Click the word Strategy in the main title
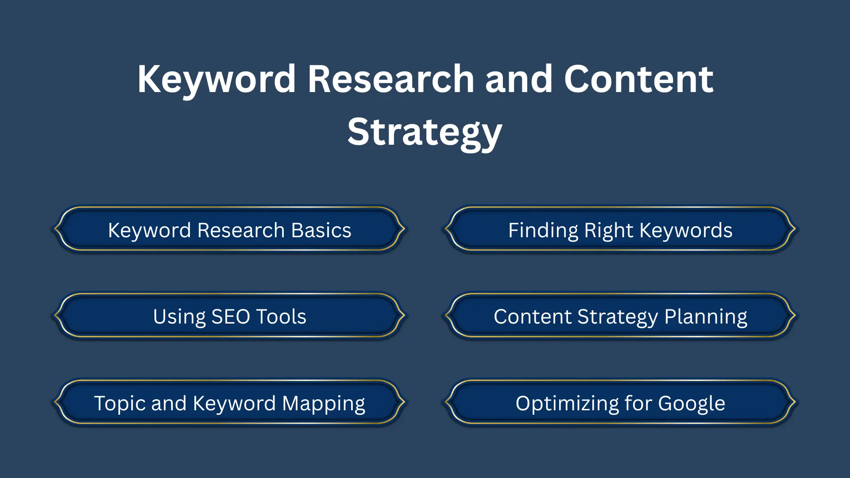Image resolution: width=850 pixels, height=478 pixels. tap(425, 132)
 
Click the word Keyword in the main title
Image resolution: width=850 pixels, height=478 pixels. tap(216, 80)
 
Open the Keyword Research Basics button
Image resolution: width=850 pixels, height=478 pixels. tap(229, 229)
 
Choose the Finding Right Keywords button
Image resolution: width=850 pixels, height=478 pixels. tap(620, 229)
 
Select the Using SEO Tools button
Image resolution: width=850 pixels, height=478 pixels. tap(229, 316)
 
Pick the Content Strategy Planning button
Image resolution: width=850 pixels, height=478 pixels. tap(620, 316)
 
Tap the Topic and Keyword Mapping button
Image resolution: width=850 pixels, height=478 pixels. tap(229, 403)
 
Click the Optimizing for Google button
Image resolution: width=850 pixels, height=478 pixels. tap(620, 403)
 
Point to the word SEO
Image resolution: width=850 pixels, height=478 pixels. tap(231, 316)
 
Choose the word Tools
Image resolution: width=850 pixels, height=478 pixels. tap(281, 316)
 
